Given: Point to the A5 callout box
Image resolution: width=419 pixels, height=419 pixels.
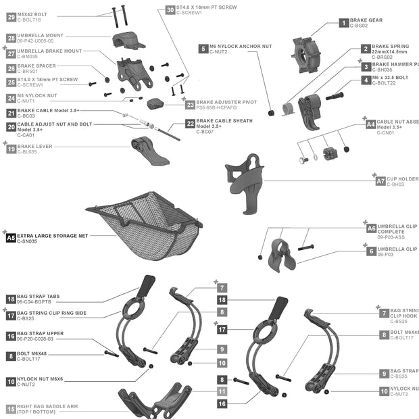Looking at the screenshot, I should [x=11, y=238].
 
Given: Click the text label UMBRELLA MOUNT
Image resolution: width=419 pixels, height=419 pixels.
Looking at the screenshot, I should [x=40, y=36].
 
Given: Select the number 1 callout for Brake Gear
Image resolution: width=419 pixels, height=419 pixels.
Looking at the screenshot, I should [x=344, y=23].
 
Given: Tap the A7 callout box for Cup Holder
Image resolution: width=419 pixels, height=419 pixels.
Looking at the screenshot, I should [x=380, y=181].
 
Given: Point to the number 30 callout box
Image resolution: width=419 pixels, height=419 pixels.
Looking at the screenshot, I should [x=170, y=10].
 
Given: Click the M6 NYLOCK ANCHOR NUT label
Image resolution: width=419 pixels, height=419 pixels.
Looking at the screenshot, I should [x=241, y=46].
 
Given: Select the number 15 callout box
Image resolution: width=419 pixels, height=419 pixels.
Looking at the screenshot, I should [x=11, y=409].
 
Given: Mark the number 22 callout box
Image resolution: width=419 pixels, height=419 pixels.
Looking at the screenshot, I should [x=191, y=124].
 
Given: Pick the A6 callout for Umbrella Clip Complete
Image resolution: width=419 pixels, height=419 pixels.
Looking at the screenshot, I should [x=371, y=228].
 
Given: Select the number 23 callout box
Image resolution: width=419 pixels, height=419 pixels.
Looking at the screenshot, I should [x=191, y=105].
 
